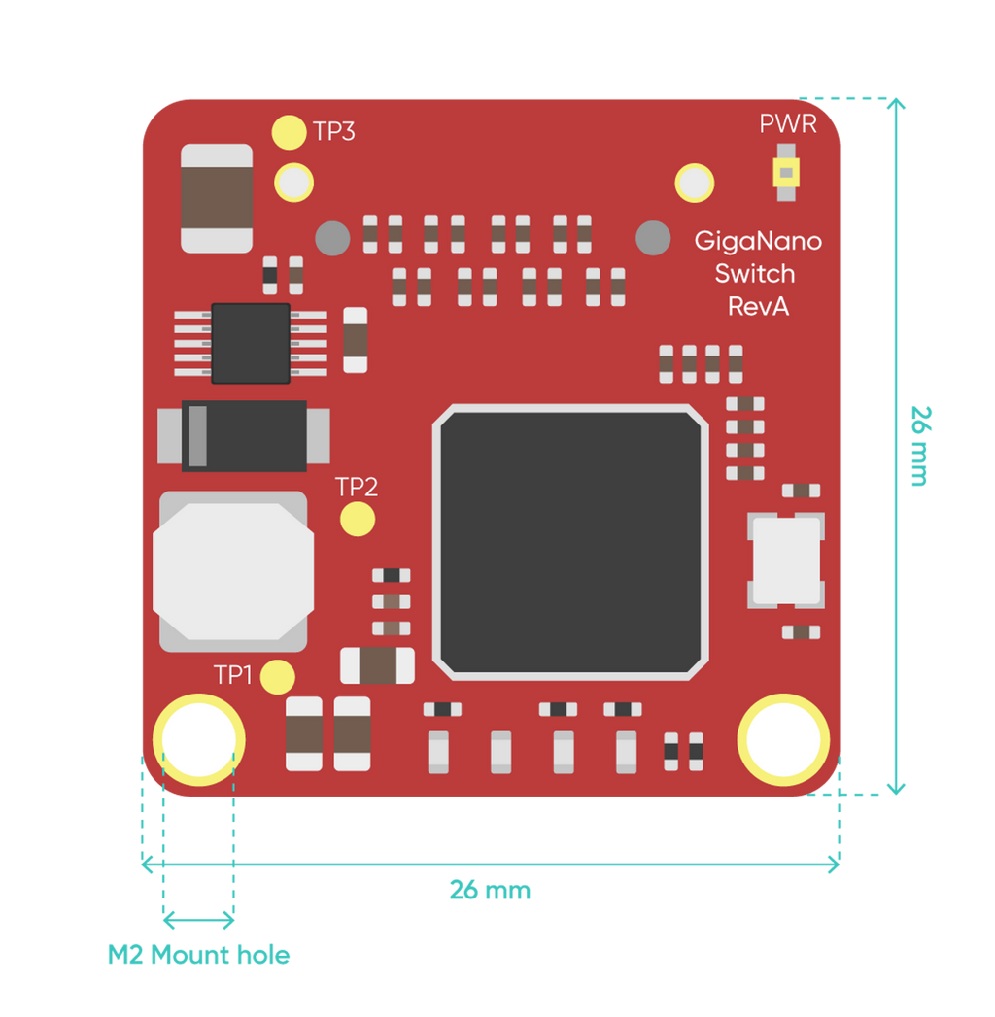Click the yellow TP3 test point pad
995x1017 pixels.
tap(289, 132)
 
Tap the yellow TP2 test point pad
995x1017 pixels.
tap(358, 519)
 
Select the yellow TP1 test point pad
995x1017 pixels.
tap(278, 677)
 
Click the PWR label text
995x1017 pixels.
tap(787, 124)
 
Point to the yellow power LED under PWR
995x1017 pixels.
tap(786, 173)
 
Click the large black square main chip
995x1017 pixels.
tap(570, 542)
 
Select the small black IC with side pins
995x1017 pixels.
tap(251, 343)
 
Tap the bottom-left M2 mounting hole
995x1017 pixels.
tap(198, 739)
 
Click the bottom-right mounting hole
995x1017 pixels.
tap(783, 739)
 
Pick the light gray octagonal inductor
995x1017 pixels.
tap(233, 571)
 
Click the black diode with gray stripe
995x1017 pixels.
tap(244, 436)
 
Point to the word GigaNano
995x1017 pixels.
tap(758, 241)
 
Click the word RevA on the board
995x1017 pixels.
tap(758, 306)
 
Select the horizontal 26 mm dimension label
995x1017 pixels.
tap(491, 890)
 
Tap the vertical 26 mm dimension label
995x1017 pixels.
tap(921, 446)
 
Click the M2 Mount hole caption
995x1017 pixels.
tap(198, 955)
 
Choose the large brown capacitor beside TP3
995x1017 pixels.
tap(217, 198)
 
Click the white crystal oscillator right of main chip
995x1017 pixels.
tap(786, 560)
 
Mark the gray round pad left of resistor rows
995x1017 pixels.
tap(332, 238)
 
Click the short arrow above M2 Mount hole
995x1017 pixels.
tap(198, 920)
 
